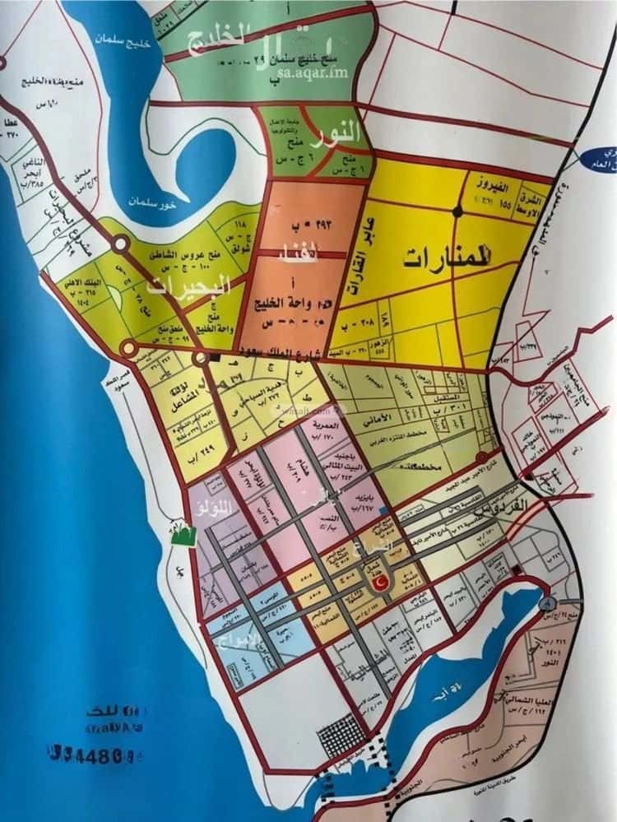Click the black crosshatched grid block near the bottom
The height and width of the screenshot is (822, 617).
point(341,735)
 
